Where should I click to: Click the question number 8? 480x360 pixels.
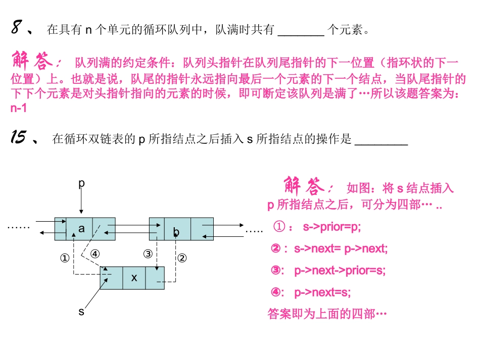click(16, 29)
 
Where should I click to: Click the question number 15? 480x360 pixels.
click(18, 137)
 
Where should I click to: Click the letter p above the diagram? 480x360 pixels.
click(80, 184)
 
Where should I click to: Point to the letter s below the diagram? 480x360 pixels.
click(81, 312)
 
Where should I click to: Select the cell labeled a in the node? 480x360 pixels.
click(80, 229)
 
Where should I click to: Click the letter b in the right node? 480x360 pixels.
click(176, 232)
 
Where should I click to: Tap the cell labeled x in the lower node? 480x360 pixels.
click(134, 278)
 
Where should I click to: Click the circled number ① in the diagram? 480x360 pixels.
click(64, 258)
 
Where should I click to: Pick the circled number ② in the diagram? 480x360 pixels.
click(182, 258)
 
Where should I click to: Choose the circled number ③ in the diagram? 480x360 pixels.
click(148, 254)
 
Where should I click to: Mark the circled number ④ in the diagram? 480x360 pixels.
click(95, 254)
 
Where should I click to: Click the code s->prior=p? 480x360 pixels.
click(332, 227)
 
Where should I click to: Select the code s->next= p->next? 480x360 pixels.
click(341, 248)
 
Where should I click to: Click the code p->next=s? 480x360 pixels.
click(322, 292)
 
